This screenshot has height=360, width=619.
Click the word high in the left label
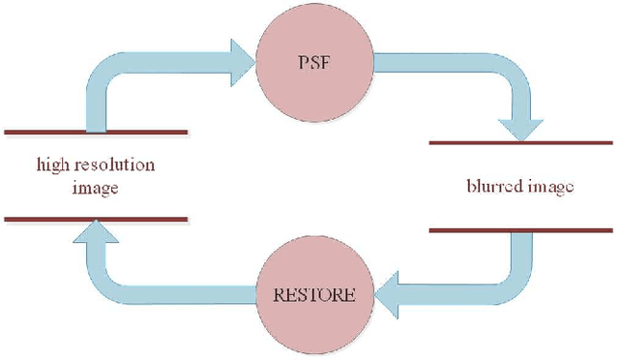(54, 165)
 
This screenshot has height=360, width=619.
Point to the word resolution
(115, 165)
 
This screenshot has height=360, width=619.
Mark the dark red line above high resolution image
(96, 131)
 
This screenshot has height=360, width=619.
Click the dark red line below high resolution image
(96, 220)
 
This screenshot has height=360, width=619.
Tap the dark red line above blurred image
(520, 143)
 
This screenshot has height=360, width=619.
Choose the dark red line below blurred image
(520, 230)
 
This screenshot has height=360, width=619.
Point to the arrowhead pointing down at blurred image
(519, 125)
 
